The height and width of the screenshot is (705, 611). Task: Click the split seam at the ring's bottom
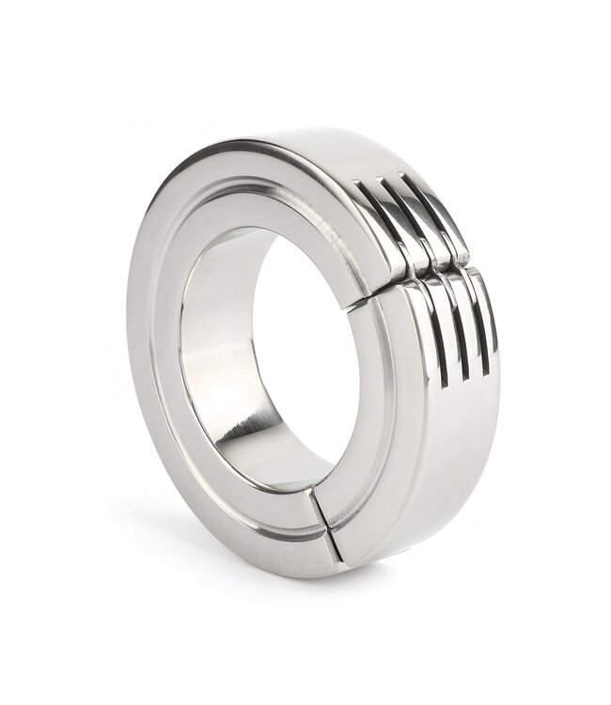[x=328, y=536]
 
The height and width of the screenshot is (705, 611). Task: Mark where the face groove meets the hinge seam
[x=361, y=299]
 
